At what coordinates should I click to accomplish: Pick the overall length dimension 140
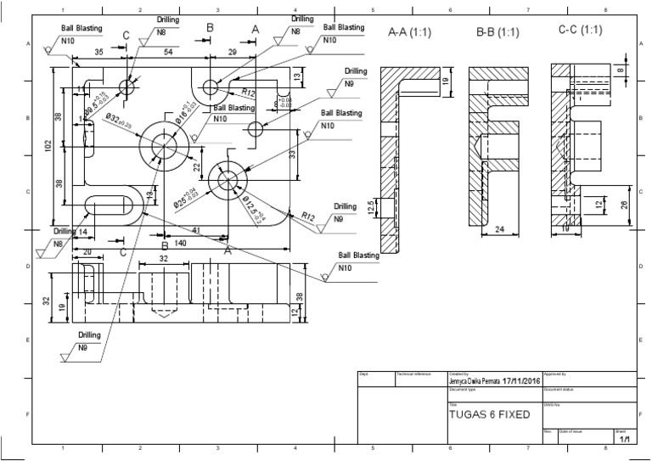pos(180,243)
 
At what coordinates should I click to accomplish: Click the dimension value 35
pos(99,53)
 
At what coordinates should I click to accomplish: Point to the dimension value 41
pos(195,230)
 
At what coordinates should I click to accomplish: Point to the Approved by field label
pos(554,374)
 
